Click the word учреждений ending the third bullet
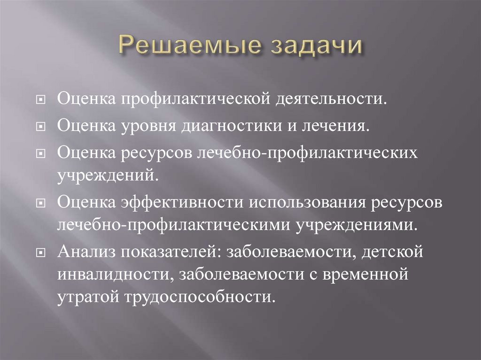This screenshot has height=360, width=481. coord(106,175)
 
